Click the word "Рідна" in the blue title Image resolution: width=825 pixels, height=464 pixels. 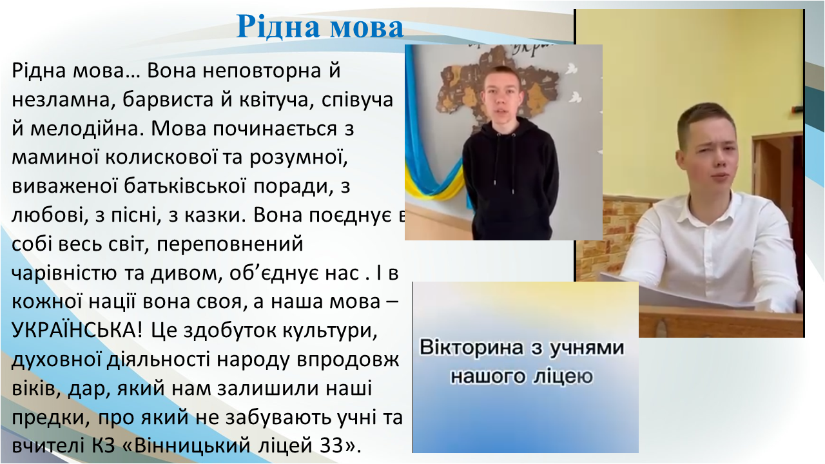278,28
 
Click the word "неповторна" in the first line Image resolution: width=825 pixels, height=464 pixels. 262,70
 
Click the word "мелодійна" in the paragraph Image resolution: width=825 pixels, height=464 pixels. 87,129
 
